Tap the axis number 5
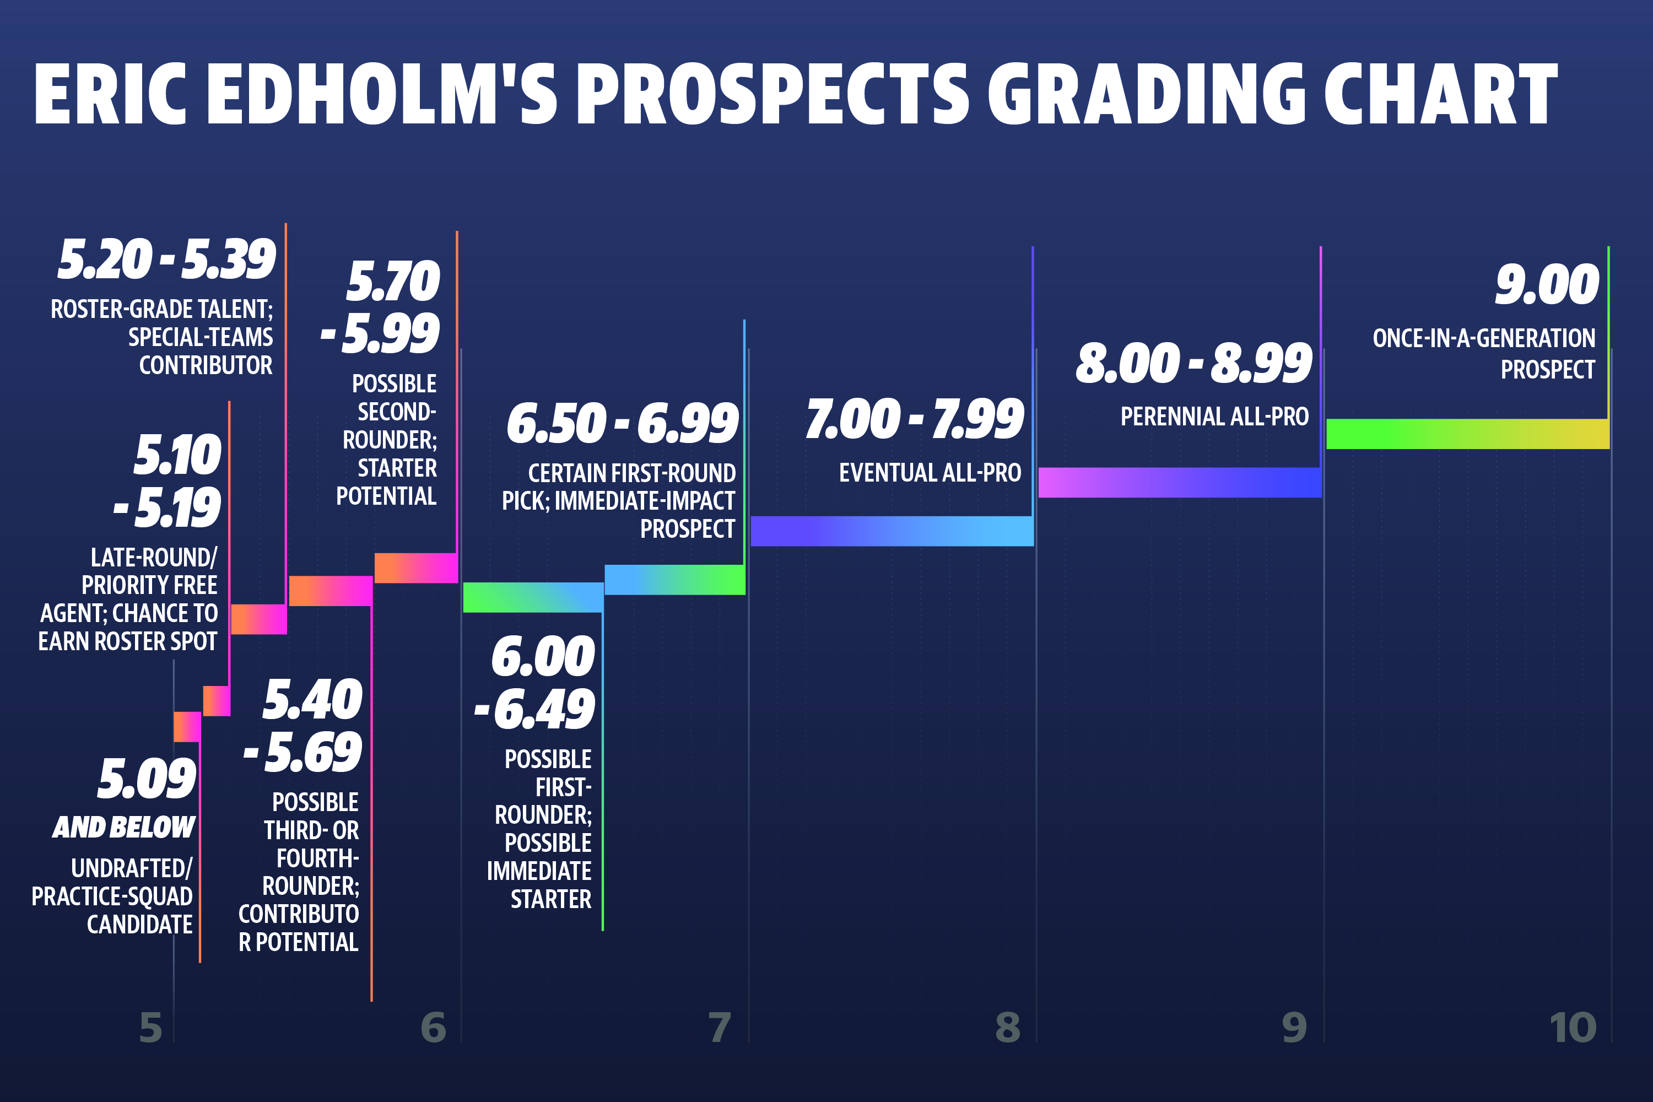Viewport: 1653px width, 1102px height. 150,1028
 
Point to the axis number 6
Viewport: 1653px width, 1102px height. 433,1028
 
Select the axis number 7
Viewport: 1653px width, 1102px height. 720,1028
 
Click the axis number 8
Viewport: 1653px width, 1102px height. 1007,1028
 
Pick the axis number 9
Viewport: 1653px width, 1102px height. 1294,1028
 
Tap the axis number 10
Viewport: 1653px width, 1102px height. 1573,1028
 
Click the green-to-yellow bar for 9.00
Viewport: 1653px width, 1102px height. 1467,434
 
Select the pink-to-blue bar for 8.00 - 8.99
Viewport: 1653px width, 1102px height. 1180,482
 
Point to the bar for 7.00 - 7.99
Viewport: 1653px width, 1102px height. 892,531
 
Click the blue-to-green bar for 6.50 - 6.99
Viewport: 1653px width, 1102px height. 674,580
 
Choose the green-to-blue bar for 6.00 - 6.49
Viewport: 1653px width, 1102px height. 533,597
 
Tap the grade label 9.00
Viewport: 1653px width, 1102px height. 1547,285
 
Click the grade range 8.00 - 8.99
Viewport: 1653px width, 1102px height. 1193,363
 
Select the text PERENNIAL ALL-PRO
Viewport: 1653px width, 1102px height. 1214,417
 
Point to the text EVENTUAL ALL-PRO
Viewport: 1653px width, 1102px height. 930,473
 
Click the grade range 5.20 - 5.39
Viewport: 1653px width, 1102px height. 166,260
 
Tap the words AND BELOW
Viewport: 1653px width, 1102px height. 123,827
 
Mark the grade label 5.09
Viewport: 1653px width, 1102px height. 146,779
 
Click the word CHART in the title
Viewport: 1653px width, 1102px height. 1440,94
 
